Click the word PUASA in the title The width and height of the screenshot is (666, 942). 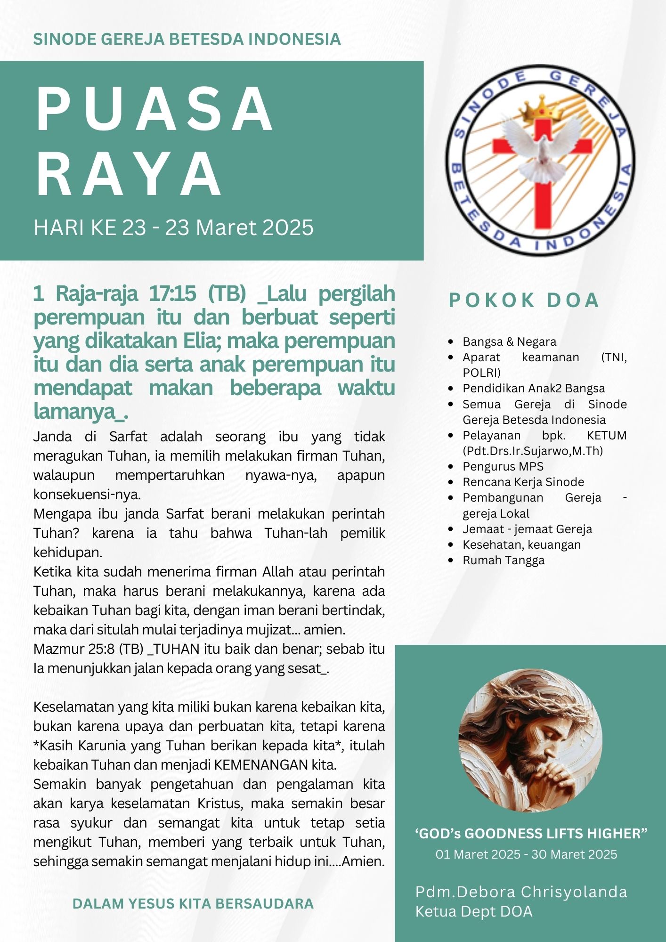point(154,109)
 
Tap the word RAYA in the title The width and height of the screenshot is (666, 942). point(129,174)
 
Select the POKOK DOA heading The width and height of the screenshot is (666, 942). point(523,300)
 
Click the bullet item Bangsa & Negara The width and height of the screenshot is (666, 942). point(509,341)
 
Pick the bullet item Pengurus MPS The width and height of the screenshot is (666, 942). point(503,466)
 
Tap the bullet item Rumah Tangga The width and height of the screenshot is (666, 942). point(503,560)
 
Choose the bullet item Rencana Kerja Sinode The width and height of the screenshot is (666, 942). point(523,482)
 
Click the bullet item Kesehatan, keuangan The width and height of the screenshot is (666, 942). point(521,544)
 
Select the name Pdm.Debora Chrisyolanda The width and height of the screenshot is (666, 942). point(521,892)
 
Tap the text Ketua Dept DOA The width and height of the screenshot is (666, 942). point(473,911)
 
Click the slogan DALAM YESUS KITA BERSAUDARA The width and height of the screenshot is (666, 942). point(193,903)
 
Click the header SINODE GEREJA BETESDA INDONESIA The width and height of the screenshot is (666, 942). point(187,39)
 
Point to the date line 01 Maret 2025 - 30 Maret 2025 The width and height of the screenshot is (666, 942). point(526,854)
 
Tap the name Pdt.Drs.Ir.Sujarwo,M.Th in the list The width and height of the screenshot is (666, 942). point(532,451)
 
